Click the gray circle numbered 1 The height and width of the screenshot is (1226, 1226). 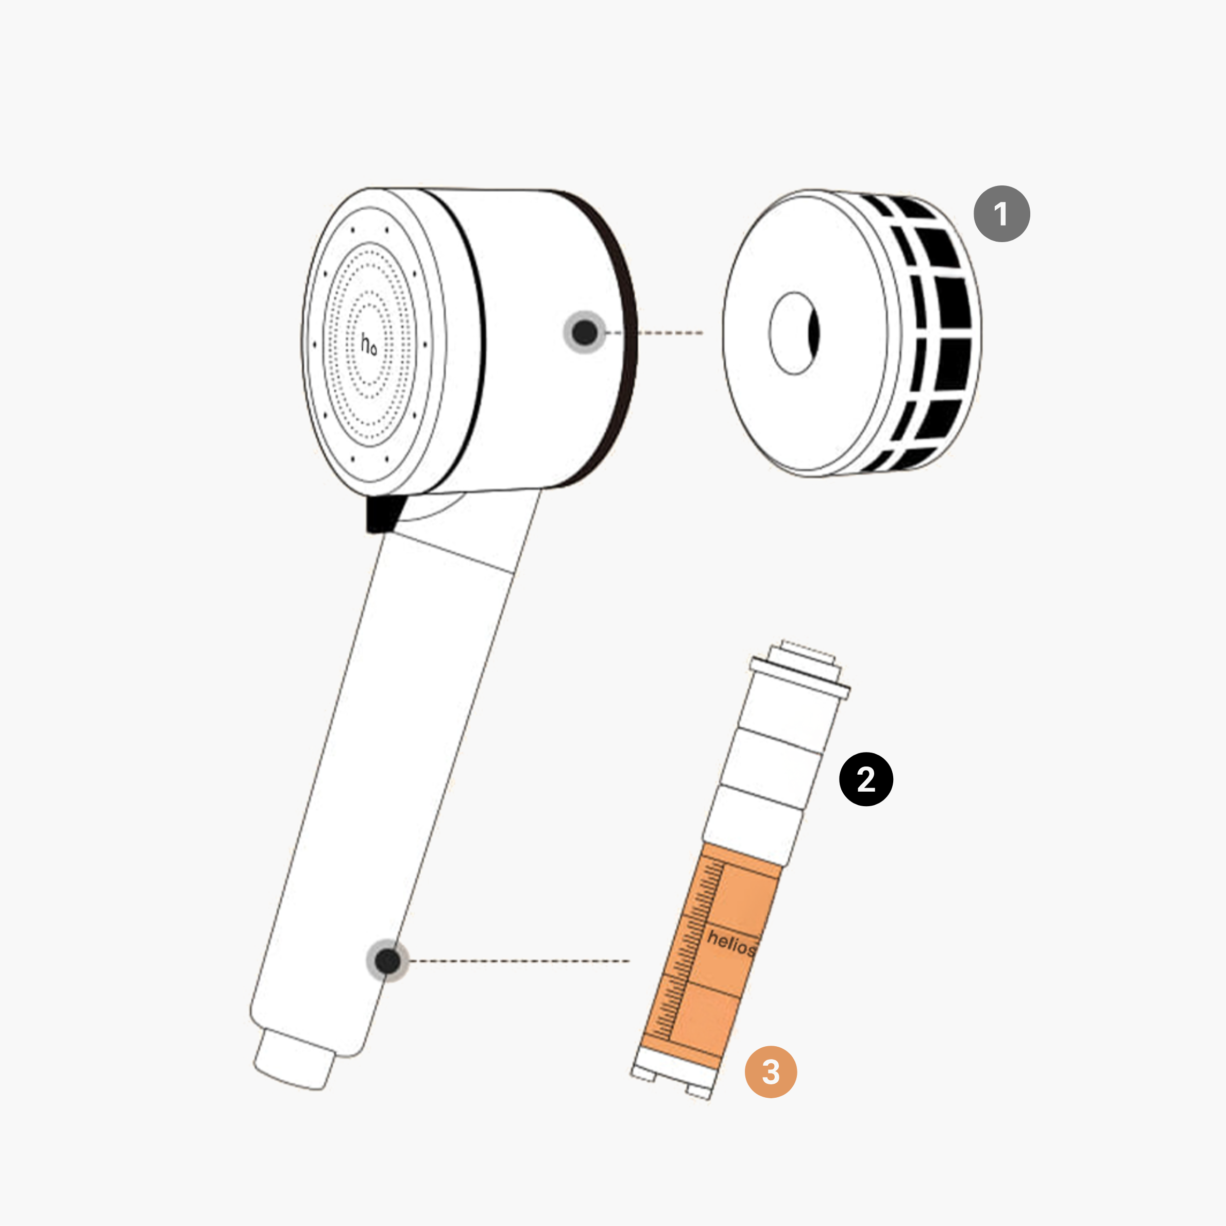coord(1001,213)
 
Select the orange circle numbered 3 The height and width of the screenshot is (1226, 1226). coord(771,1072)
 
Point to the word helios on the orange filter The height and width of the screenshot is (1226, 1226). coord(731,943)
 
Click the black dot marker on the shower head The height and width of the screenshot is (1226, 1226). coord(585,332)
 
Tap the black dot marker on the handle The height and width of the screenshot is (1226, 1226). coord(388,961)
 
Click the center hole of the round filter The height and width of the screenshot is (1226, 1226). coord(794,333)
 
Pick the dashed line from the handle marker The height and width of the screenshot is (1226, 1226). coord(519,961)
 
